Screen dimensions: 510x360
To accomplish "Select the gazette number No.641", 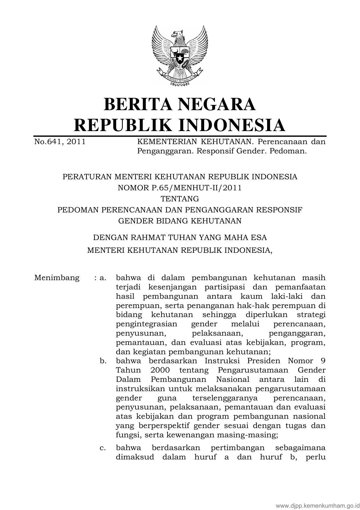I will point(48,142).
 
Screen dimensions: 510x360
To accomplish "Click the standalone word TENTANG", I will point(180,199).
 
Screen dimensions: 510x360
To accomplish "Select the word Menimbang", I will point(57,278).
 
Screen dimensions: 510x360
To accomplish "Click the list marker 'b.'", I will point(102,361).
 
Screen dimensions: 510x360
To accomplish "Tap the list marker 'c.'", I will point(102,448).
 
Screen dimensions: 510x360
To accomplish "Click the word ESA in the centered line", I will point(259,237).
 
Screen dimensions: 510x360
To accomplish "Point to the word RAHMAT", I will point(147,237).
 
